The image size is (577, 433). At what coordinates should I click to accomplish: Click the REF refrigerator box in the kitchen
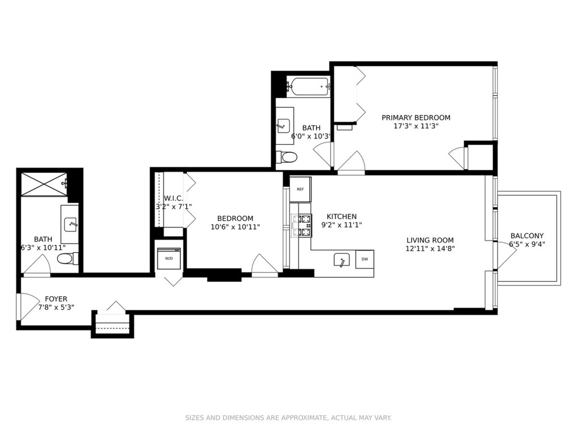tap(300, 189)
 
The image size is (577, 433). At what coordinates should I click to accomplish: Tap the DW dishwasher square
tap(364, 259)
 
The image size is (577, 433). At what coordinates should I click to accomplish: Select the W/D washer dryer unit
tap(169, 258)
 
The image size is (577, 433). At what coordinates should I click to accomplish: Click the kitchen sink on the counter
tap(342, 260)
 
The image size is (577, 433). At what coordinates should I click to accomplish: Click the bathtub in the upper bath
tap(308, 87)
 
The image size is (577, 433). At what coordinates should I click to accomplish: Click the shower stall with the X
tap(44, 183)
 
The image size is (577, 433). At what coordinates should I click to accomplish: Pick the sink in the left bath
tap(71, 223)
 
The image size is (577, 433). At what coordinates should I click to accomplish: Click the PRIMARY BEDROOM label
tap(416, 117)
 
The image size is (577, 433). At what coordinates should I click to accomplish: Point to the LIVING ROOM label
tap(430, 241)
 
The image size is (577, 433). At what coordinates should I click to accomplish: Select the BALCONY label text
tap(527, 236)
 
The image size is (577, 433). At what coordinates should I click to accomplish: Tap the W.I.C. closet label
tap(173, 198)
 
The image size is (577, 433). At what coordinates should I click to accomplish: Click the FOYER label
tap(56, 299)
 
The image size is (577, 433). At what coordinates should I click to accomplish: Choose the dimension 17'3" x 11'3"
tap(416, 126)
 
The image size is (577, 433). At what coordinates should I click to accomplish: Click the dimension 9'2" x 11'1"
tap(342, 225)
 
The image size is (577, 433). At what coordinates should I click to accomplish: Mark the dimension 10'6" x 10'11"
tap(235, 227)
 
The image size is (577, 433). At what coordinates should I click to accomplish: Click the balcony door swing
tap(506, 257)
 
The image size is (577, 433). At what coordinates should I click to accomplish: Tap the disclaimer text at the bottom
tap(288, 418)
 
